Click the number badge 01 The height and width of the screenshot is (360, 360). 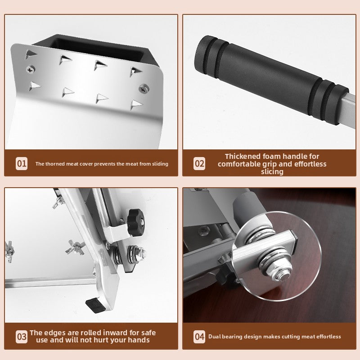click(x=22, y=163)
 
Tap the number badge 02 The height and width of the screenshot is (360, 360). click(x=199, y=163)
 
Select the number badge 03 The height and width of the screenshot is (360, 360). click(x=22, y=336)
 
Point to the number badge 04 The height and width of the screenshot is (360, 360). click(x=199, y=336)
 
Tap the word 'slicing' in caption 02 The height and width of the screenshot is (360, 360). click(x=272, y=171)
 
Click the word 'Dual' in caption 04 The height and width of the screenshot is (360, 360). click(x=215, y=337)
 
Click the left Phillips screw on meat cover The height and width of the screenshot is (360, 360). click(x=31, y=70)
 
